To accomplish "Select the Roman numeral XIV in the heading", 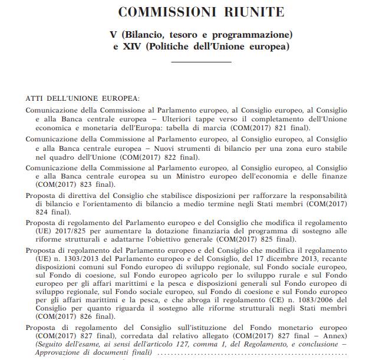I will pyautogui.click(x=131, y=47).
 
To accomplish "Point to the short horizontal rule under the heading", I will pyautogui.click(x=204, y=61).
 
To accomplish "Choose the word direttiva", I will pyautogui.click(x=86, y=194).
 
